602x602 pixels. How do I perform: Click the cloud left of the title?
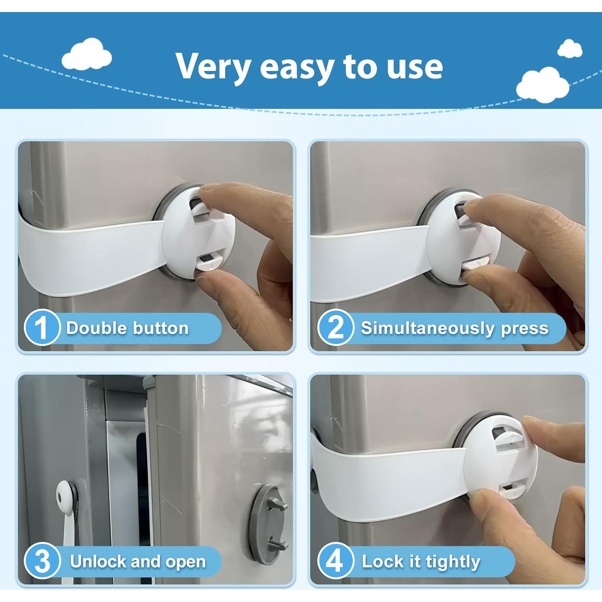[x=87, y=56]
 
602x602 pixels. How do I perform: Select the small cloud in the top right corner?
[x=570, y=49]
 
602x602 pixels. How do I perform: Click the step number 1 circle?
[x=42, y=327]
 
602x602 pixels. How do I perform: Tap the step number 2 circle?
[x=336, y=327]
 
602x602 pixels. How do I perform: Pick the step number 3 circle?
[x=42, y=561]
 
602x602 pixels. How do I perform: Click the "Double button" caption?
[x=127, y=328]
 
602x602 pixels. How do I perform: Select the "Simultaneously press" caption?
[x=454, y=328]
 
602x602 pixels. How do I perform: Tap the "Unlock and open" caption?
[x=138, y=561]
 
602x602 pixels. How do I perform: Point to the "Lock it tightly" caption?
[x=421, y=561]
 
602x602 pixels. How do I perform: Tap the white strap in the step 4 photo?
[x=385, y=482]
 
